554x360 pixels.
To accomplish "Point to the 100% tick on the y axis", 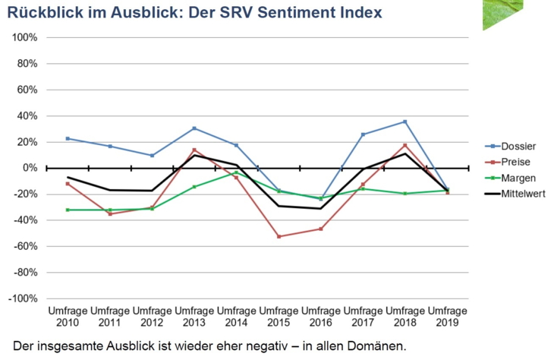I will (x=26, y=37).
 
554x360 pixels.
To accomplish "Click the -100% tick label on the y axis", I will (x=24, y=298).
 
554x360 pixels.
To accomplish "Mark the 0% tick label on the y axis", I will (x=30, y=168).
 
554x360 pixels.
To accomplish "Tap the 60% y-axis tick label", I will (x=28, y=90).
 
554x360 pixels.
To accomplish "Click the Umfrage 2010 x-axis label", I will (x=68, y=317).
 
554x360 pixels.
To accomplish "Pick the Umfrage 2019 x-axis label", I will (x=447, y=317).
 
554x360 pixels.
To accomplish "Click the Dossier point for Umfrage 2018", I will (x=405, y=122).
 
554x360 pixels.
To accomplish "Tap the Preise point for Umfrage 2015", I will (x=279, y=236).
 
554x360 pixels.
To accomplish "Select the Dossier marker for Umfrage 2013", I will (x=194, y=128).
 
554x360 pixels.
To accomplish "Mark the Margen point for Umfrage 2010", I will (x=68, y=210).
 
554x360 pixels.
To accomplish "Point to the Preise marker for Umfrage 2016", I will (x=321, y=229).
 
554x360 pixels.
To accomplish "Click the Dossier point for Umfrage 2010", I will (x=68, y=138).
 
